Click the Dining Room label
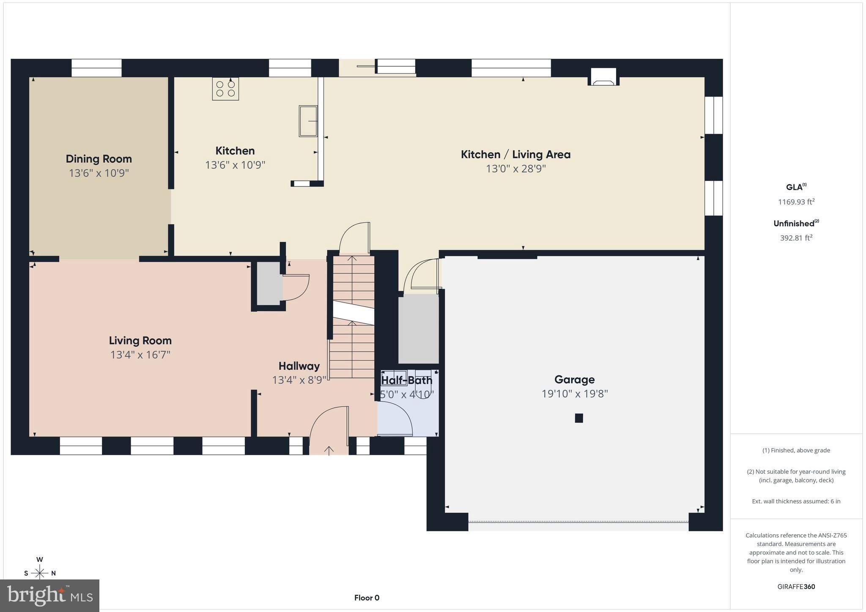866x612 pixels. tap(99, 159)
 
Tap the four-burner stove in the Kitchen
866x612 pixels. tap(225, 89)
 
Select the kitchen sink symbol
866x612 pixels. tap(308, 121)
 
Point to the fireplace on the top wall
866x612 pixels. tap(603, 77)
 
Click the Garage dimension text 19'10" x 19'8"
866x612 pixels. tap(575, 394)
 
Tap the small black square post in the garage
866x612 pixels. tap(579, 418)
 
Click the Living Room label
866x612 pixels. tap(140, 341)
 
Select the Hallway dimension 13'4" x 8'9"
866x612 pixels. tap(299, 380)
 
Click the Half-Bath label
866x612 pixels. tap(406, 380)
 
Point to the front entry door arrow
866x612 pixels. tap(329, 450)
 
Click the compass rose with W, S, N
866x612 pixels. tap(40, 572)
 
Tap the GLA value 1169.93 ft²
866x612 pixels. tap(796, 202)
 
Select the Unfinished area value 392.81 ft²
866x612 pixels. tap(796, 238)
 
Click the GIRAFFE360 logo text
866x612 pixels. tap(796, 587)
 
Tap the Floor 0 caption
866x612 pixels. tap(367, 598)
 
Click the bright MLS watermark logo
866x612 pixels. tap(50, 596)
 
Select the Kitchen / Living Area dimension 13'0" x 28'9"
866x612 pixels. tap(515, 169)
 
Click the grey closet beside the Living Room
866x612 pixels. tap(269, 283)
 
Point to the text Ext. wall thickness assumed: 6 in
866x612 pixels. tap(796, 501)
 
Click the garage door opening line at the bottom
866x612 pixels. tap(578, 522)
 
